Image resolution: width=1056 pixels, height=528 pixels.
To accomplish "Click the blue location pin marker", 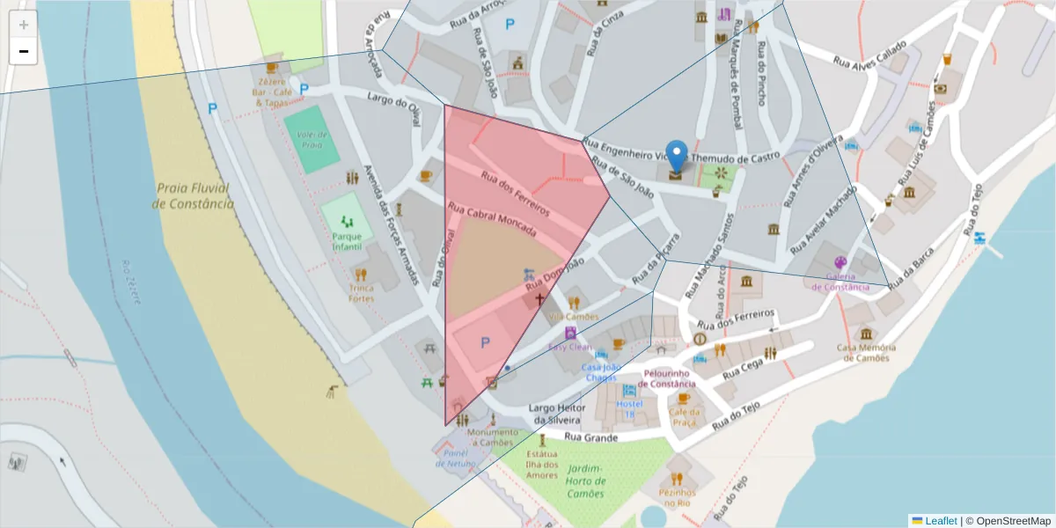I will pos(676,156).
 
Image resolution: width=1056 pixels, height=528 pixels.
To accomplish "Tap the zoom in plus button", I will pos(24,25).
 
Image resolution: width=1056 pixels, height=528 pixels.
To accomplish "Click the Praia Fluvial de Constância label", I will pos(193,195).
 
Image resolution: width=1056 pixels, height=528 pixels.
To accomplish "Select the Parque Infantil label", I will pos(347,241).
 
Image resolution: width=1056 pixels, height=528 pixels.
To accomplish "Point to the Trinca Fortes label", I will pos(361,293).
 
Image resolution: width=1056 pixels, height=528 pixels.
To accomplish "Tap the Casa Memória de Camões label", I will pos(867,352).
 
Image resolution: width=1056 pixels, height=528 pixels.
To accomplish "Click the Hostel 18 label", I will pos(629,408).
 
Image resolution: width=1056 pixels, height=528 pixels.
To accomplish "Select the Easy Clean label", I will pos(569,347).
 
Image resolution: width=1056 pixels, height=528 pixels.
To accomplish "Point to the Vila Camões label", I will pos(573,317).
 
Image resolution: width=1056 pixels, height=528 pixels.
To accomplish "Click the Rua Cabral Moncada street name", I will pos(492,219).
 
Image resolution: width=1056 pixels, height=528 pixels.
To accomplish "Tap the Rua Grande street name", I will pos(585,436).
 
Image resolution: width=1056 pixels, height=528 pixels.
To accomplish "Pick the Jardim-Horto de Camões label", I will pos(586,481).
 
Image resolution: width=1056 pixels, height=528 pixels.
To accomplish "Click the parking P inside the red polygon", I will pos(484,342).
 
